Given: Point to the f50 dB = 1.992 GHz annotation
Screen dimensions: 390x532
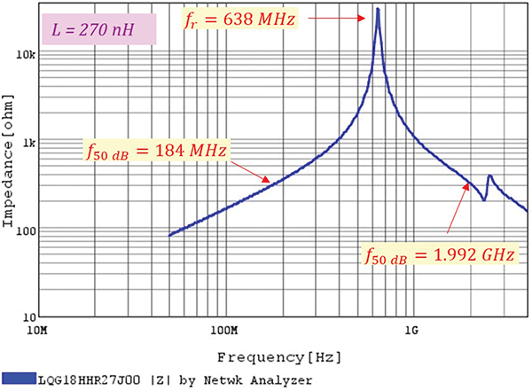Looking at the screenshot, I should coord(438,255).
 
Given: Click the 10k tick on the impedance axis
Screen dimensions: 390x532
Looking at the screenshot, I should coord(26,55).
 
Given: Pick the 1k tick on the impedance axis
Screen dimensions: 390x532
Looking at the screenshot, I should coord(27,143).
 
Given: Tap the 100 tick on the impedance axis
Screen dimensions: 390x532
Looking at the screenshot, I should coord(26,230).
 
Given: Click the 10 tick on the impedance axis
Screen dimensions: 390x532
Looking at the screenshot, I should coord(27,316).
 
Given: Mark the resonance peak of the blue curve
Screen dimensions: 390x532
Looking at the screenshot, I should coord(378,10).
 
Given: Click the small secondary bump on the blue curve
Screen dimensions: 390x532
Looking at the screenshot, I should coord(489,176).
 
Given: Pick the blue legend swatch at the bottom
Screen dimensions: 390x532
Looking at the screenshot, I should coord(19,379).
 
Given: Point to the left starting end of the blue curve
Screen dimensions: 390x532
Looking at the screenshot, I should coord(169,235).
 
